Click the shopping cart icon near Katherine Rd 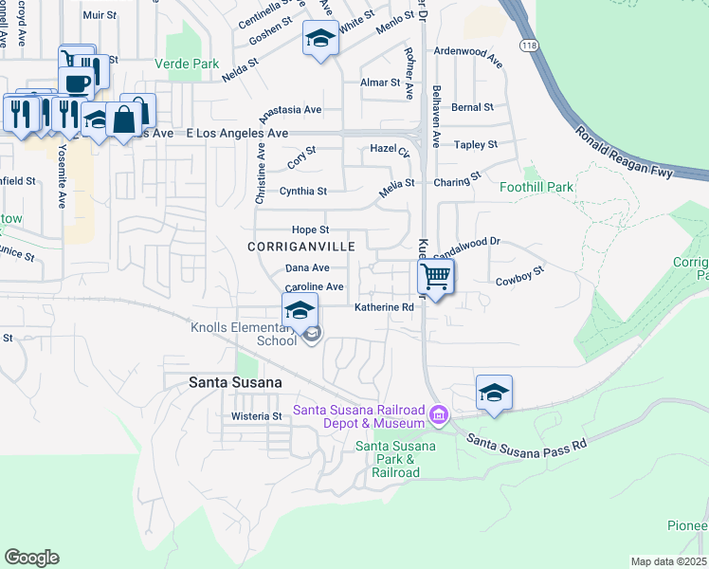pyautogui.click(x=435, y=277)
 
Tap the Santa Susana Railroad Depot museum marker pyautogui.click(x=438, y=415)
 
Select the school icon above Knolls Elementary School pyautogui.click(x=300, y=310)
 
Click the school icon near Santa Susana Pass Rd pyautogui.click(x=494, y=392)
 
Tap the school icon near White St pyautogui.click(x=320, y=39)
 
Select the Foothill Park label pyautogui.click(x=536, y=187)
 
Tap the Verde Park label pyautogui.click(x=189, y=64)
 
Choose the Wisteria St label pyautogui.click(x=257, y=416)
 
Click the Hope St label pyautogui.click(x=310, y=229)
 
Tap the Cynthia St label pyautogui.click(x=303, y=191)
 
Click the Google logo pyautogui.click(x=31, y=558)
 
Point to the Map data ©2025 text pyautogui.click(x=668, y=561)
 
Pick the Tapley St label pyautogui.click(x=476, y=144)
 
